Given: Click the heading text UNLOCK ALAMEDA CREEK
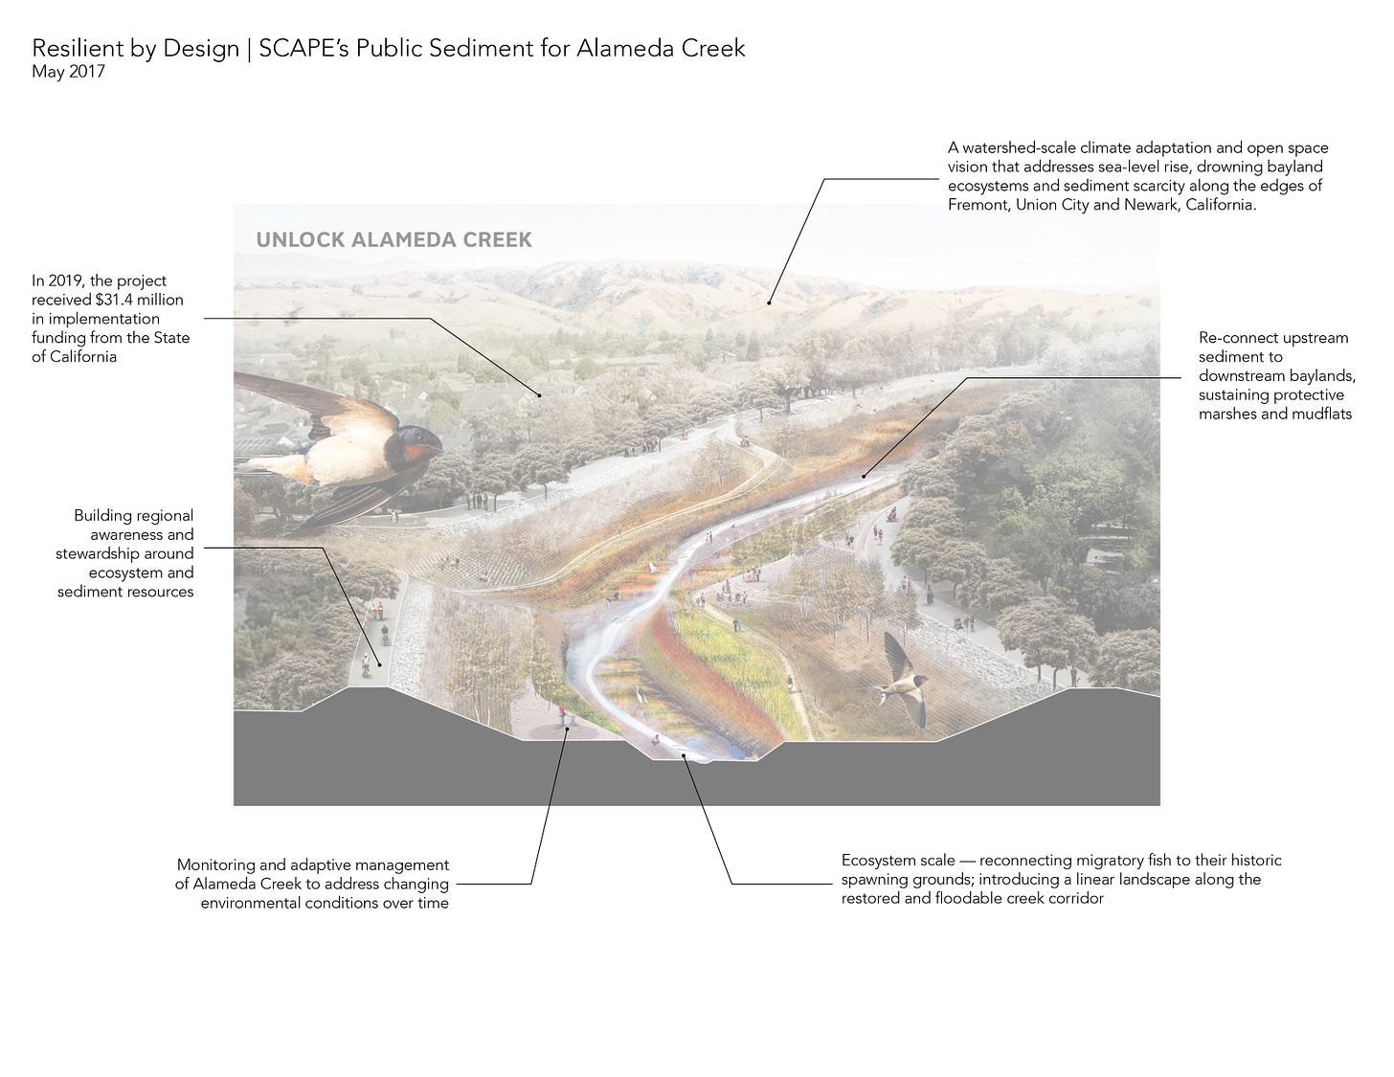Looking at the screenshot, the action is pyautogui.click(x=393, y=239).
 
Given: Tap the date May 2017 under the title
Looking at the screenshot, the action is pyautogui.click(x=68, y=71).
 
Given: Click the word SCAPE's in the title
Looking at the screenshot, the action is pyautogui.click(x=304, y=48).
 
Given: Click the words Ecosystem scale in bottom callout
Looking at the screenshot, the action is pyautogui.click(x=897, y=861).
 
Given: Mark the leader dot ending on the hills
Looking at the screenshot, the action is pyautogui.click(x=769, y=303).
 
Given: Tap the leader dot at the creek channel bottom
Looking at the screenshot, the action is pyautogui.click(x=684, y=755).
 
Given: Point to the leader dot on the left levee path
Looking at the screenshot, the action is pyautogui.click(x=379, y=664).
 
